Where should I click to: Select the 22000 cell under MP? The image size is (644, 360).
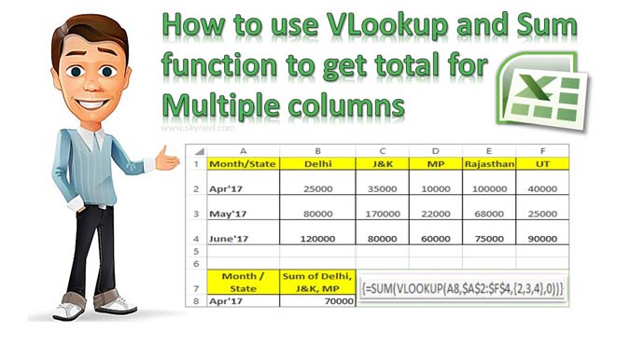pyautogui.click(x=435, y=214)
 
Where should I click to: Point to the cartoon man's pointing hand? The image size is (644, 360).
pyautogui.click(x=168, y=160)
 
